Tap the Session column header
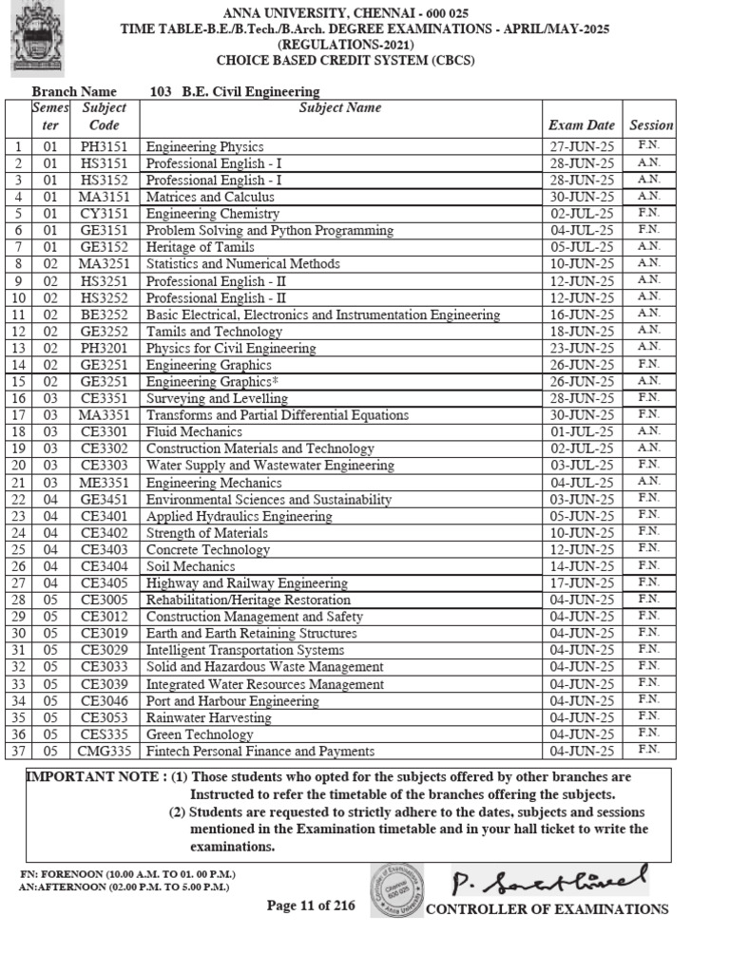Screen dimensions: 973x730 coord(650,125)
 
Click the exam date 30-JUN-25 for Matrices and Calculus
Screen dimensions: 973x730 coord(581,197)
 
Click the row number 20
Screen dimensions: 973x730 coord(17,466)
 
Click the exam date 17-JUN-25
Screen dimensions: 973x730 coord(581,582)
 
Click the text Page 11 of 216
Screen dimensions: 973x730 coord(311,906)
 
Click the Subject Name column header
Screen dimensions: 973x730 coord(340,108)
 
